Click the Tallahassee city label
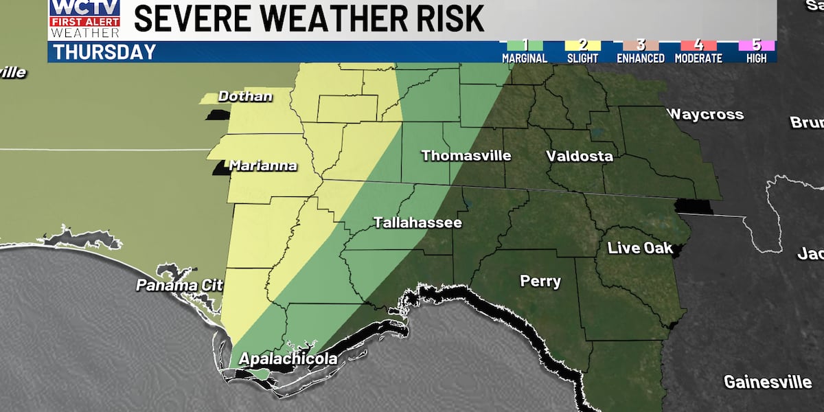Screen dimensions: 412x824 coord(417,223)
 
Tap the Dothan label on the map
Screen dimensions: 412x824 coord(244,97)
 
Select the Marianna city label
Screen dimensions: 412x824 coord(262,165)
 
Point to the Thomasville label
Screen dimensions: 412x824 coord(466,156)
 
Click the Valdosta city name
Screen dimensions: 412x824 coord(579,156)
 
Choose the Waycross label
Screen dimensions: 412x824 coord(705,114)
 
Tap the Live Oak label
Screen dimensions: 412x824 coord(639,248)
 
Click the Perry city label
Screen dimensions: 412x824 coord(540,282)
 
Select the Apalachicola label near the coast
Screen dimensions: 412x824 coord(288,359)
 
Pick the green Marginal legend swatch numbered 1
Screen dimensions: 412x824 coord(524,45)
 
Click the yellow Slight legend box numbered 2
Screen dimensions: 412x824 coord(582,45)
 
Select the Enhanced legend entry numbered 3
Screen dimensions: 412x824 coord(640,45)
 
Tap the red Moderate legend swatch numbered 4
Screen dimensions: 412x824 coord(698,45)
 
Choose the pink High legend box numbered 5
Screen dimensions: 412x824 coord(756,45)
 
